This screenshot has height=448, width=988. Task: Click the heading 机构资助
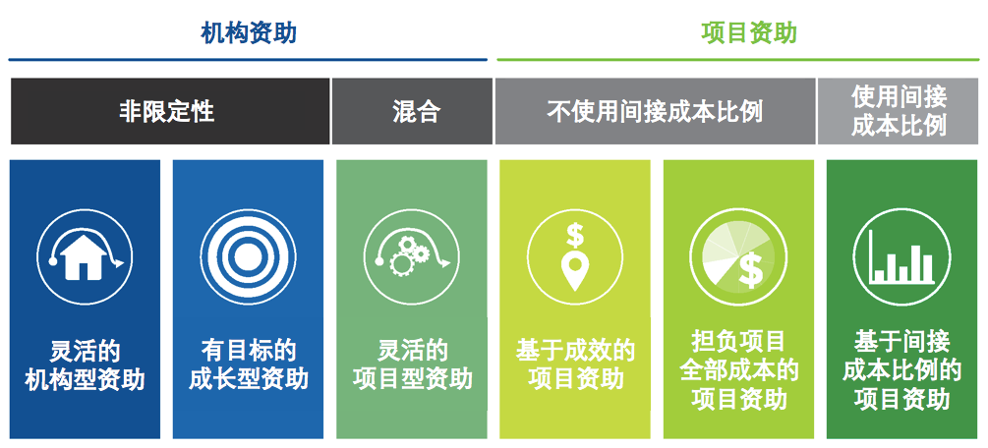tap(249, 33)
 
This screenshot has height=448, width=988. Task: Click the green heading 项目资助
tap(749, 33)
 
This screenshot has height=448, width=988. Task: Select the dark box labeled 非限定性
tap(170, 112)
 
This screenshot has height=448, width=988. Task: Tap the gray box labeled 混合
tap(412, 112)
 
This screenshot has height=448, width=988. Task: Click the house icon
tap(85, 256)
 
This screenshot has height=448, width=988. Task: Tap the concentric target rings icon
tap(248, 256)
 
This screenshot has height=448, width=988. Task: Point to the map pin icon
tap(575, 273)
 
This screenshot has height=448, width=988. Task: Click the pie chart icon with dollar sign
tap(738, 256)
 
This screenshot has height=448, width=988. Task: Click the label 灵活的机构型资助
tap(85, 365)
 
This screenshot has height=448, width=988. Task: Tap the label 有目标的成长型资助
tap(248, 365)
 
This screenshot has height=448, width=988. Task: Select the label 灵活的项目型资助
tap(412, 365)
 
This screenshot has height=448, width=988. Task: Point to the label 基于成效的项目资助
tap(575, 365)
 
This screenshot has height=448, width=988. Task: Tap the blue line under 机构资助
tap(248, 60)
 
